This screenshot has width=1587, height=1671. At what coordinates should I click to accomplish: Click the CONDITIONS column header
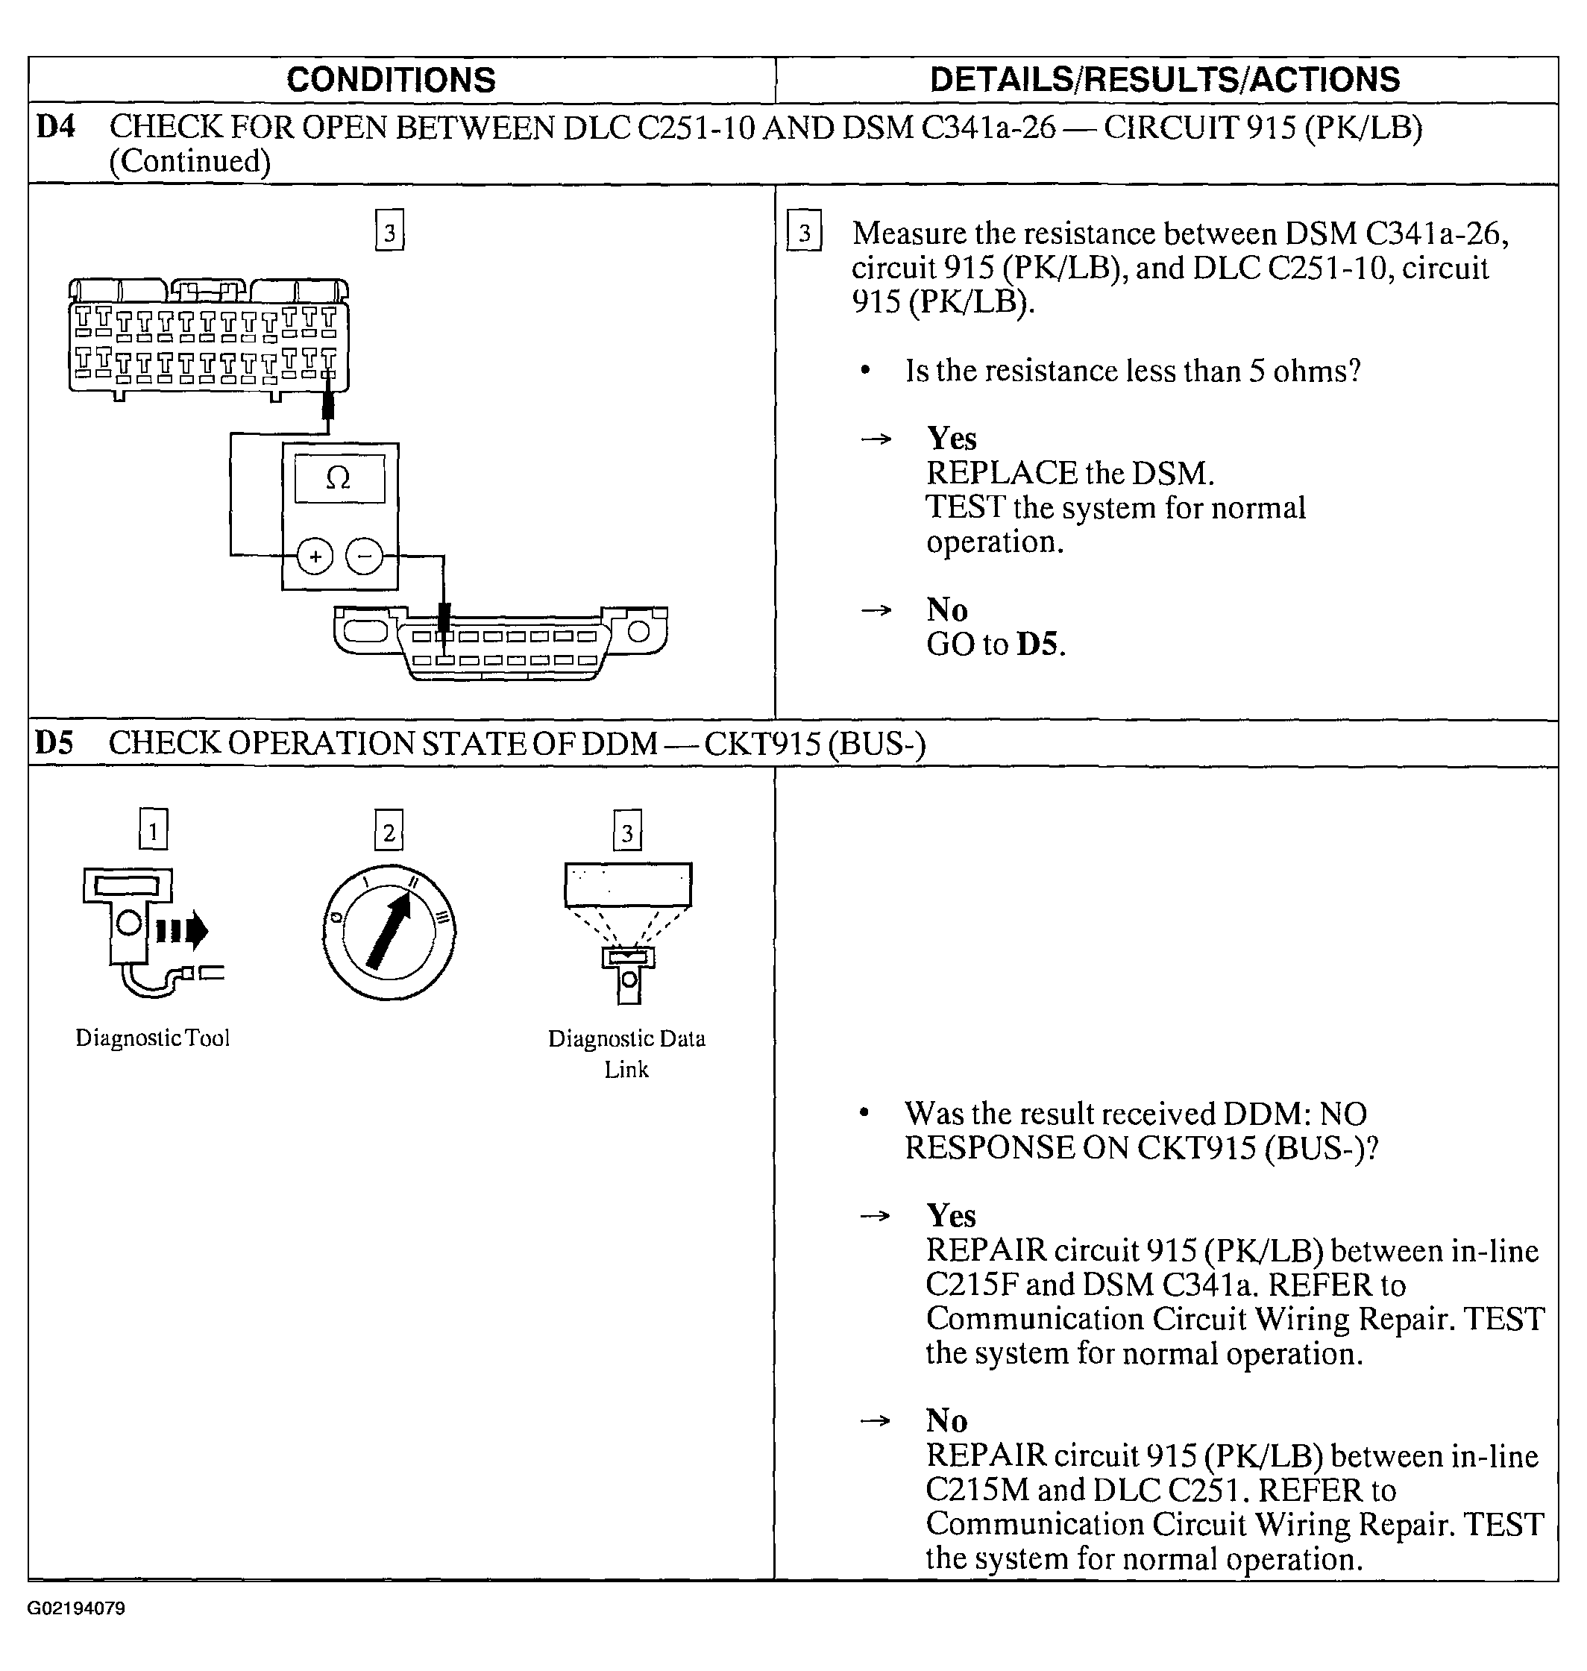[x=391, y=80]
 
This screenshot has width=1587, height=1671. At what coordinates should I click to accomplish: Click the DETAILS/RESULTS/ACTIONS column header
[x=1165, y=80]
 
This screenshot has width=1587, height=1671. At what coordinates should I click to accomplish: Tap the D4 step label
[x=56, y=127]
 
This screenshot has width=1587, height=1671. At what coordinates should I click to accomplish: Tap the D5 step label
[x=54, y=743]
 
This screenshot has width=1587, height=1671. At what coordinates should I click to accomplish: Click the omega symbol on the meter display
[x=339, y=479]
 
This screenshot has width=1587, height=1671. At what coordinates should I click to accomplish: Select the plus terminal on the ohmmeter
[x=315, y=556]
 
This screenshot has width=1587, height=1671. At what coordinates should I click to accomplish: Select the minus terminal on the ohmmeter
[x=365, y=556]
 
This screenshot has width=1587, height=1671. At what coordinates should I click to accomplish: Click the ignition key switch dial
[x=389, y=932]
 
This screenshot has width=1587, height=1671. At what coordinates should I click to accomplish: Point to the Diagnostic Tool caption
[x=152, y=1038]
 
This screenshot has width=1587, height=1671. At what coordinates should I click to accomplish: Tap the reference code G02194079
[x=76, y=1608]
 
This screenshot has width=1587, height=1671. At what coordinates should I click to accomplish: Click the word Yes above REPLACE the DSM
[x=952, y=439]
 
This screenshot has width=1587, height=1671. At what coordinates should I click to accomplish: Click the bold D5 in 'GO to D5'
[x=1037, y=644]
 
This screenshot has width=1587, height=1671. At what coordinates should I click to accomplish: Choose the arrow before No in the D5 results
[x=875, y=1420]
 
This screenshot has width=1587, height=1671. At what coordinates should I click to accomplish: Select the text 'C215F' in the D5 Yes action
[x=971, y=1285]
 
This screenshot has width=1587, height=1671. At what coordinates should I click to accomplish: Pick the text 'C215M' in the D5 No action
[x=976, y=1489]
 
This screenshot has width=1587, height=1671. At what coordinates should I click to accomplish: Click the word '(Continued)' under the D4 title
[x=190, y=160]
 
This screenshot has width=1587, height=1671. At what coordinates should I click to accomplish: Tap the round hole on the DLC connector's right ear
[x=638, y=631]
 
